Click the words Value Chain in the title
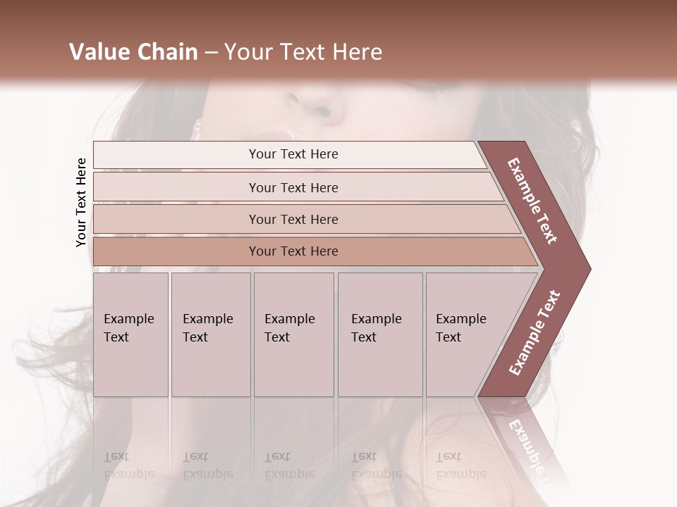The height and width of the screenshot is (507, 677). [x=133, y=52]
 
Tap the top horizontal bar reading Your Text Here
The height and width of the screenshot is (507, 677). [x=293, y=154]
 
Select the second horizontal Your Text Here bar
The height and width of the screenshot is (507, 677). [x=293, y=187]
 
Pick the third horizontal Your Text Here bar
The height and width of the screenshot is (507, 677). [x=293, y=220]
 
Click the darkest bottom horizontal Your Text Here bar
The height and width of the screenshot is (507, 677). [x=293, y=251]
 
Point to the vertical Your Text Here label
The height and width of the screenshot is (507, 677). [x=81, y=202]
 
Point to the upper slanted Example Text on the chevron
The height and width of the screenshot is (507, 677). [x=532, y=201]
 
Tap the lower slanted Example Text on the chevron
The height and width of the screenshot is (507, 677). [x=535, y=333]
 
